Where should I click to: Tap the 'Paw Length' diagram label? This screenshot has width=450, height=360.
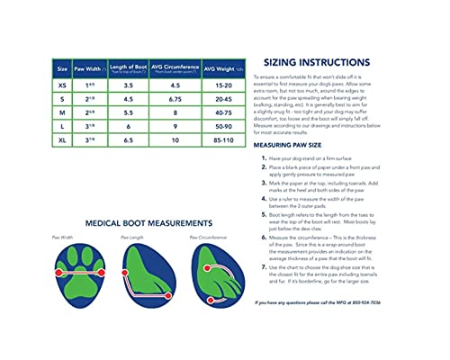133,238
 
